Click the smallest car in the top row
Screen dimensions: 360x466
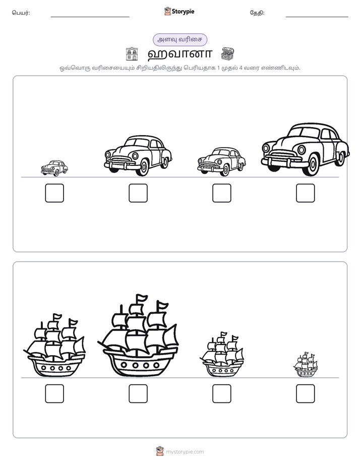coord(54,168)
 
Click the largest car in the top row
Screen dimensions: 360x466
coord(306,149)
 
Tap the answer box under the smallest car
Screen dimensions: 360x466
coord(54,193)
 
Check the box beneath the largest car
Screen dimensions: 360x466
coord(306,193)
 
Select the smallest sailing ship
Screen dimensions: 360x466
coord(306,365)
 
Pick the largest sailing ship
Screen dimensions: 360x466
coord(138,336)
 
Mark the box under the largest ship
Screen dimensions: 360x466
coord(138,394)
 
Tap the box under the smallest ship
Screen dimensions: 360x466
coord(306,394)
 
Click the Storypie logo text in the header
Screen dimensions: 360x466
coord(183,12)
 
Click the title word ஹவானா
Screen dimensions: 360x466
coord(179,54)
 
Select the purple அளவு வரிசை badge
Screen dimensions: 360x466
coord(179,39)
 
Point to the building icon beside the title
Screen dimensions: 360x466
coord(132,54)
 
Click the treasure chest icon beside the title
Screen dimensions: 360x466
coord(227,54)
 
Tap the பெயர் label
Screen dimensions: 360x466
coord(21,13)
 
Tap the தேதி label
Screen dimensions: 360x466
coord(257,13)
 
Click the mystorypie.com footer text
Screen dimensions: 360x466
coord(185,452)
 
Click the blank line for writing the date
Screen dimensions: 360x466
coord(317,17)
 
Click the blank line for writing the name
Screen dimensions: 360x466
coord(90,17)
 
